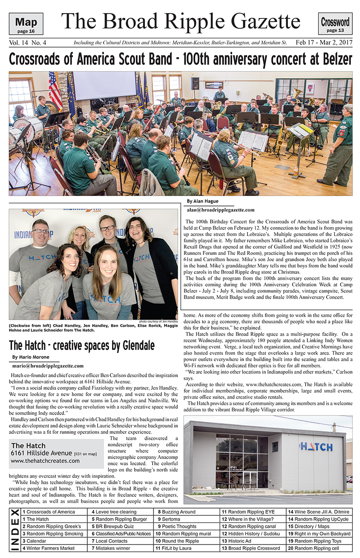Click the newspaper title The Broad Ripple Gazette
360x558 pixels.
[180, 21]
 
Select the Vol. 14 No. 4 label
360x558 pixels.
[27, 43]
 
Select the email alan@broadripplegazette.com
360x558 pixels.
[220, 210]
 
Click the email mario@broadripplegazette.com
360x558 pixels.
[48, 366]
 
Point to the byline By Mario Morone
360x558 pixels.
[30, 357]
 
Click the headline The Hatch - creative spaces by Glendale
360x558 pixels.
[82, 345]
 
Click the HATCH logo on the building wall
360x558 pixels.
[316, 446]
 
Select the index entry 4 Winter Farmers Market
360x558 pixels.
[49, 548]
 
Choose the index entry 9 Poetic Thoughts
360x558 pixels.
[179, 527]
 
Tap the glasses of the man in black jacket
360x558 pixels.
[107, 228]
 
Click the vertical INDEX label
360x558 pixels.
[14, 530]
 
